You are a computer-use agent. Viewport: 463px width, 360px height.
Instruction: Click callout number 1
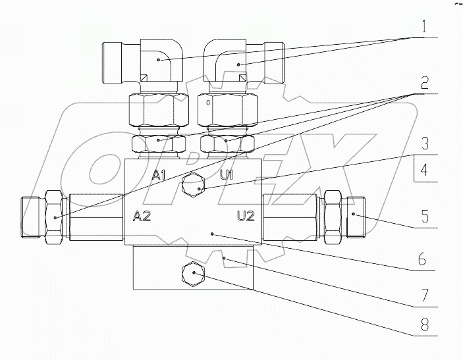425,29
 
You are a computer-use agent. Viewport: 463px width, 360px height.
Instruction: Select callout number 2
425,84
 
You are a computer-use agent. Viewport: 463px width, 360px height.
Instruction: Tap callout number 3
425,142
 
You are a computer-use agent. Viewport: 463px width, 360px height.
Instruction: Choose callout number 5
425,217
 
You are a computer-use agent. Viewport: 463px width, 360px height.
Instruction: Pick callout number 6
425,258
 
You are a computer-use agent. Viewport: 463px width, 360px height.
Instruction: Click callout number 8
425,325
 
